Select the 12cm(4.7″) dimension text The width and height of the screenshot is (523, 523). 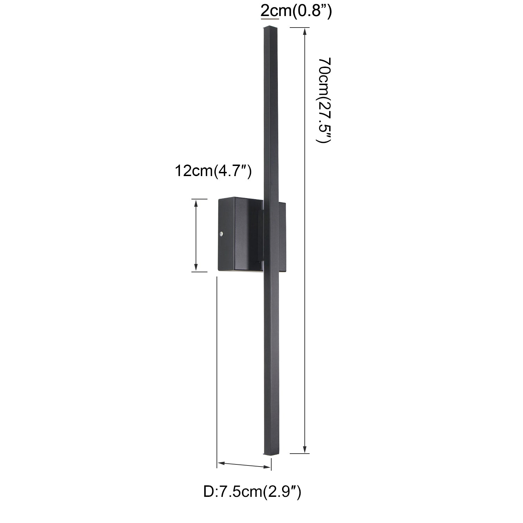(213, 171)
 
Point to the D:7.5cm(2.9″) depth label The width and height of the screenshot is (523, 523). (252, 492)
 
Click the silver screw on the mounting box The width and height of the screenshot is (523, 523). (221, 235)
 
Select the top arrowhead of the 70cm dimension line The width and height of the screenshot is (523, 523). (305, 32)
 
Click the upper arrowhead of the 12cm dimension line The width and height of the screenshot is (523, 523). (196, 204)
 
